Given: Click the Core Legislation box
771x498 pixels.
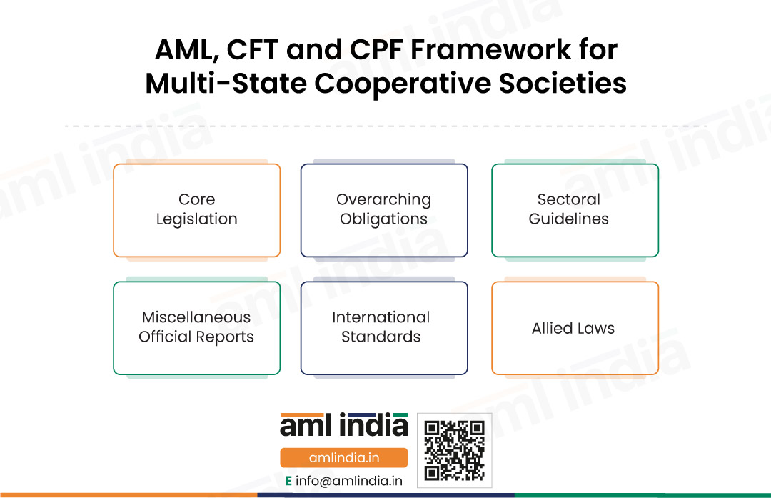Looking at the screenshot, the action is (x=197, y=210).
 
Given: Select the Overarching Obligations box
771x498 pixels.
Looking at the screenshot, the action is (x=384, y=210).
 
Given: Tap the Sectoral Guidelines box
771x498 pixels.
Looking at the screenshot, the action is (x=575, y=210).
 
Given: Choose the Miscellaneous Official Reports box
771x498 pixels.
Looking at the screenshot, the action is (x=197, y=328).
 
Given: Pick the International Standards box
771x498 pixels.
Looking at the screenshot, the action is (x=384, y=328).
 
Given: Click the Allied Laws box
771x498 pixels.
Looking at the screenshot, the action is (x=575, y=328).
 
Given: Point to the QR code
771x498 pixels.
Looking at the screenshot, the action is (x=454, y=450).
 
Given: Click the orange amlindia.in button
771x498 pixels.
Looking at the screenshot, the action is (x=343, y=458).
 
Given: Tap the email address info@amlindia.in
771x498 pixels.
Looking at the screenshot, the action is (x=348, y=481).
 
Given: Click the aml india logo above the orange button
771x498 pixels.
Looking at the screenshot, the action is (x=343, y=425).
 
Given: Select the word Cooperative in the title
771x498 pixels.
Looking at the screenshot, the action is (x=403, y=84).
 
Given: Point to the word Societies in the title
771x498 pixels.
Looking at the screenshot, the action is (x=563, y=83).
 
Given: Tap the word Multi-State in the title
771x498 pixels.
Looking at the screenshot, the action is (x=226, y=83).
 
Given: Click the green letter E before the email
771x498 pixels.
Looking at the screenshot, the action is (x=288, y=481).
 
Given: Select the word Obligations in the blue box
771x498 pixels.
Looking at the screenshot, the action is (x=383, y=219).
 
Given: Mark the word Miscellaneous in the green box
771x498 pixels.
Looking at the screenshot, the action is (x=196, y=317).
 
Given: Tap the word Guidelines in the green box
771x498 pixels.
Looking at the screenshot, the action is (x=568, y=219).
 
